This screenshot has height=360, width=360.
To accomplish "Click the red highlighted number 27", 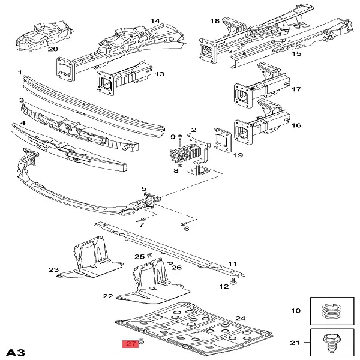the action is pos(130,343).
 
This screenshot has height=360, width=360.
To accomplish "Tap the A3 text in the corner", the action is pos(15,353).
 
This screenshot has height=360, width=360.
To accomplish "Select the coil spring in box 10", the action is pos(331,311).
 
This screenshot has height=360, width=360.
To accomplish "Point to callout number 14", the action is pos(155,21).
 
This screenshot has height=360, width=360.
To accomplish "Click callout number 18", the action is pos(215,21).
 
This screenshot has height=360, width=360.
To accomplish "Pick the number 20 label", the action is pos(53,49).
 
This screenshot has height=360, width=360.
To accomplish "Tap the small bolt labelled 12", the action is pos(234,281).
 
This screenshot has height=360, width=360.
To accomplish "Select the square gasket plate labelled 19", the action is pos(222,140).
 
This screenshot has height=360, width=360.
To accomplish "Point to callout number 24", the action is pos(241,319).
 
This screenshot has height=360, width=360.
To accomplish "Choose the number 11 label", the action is pos(232,263).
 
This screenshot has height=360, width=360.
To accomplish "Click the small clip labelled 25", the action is pos(149,254).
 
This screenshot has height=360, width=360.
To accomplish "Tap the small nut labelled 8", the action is pos(180,166).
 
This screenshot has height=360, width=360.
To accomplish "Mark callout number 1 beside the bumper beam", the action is pos(20,73).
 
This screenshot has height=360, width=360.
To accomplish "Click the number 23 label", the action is pos(53,269).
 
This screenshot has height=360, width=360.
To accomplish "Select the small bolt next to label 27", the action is pos(142,341).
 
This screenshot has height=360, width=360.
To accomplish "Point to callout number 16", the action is pos(296,125).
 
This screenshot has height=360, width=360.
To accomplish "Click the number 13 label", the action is pos(160,74).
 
